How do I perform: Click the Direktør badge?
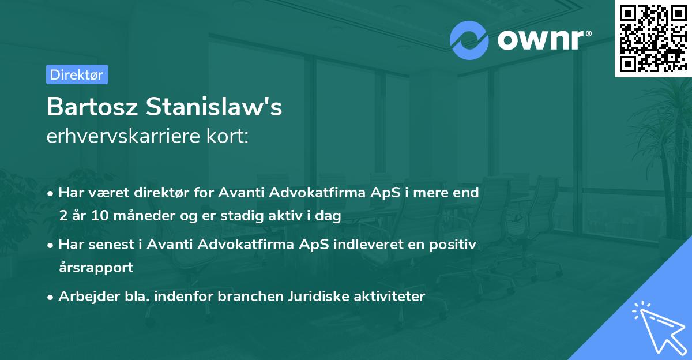tap(77, 74)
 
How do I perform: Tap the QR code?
tap(650, 38)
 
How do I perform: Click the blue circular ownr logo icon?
tap(469, 40)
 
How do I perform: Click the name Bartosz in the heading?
tap(92, 107)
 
